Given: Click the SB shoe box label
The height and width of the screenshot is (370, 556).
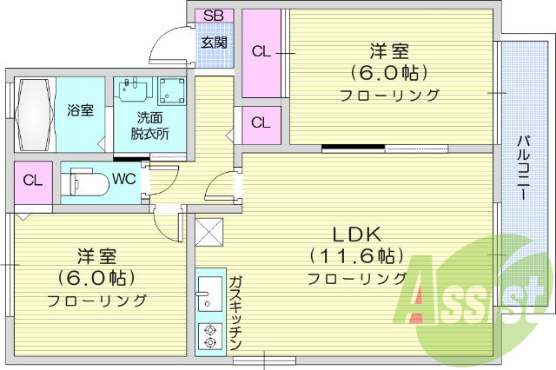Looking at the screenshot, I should (214, 15).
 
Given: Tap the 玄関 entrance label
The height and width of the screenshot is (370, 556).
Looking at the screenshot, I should (214, 41).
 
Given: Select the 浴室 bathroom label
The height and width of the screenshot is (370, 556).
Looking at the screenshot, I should (80, 111).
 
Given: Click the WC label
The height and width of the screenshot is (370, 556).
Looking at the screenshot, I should (123, 180).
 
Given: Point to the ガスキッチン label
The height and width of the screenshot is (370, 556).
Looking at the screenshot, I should (235, 313).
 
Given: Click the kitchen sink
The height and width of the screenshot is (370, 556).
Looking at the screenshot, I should (209, 294).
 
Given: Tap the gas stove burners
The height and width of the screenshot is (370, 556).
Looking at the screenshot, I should (209, 336).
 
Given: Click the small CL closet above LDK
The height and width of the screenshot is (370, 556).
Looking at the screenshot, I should (261, 122).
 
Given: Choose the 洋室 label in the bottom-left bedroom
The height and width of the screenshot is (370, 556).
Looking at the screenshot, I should (96, 257).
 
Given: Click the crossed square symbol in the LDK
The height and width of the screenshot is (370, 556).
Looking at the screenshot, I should (210, 232).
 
